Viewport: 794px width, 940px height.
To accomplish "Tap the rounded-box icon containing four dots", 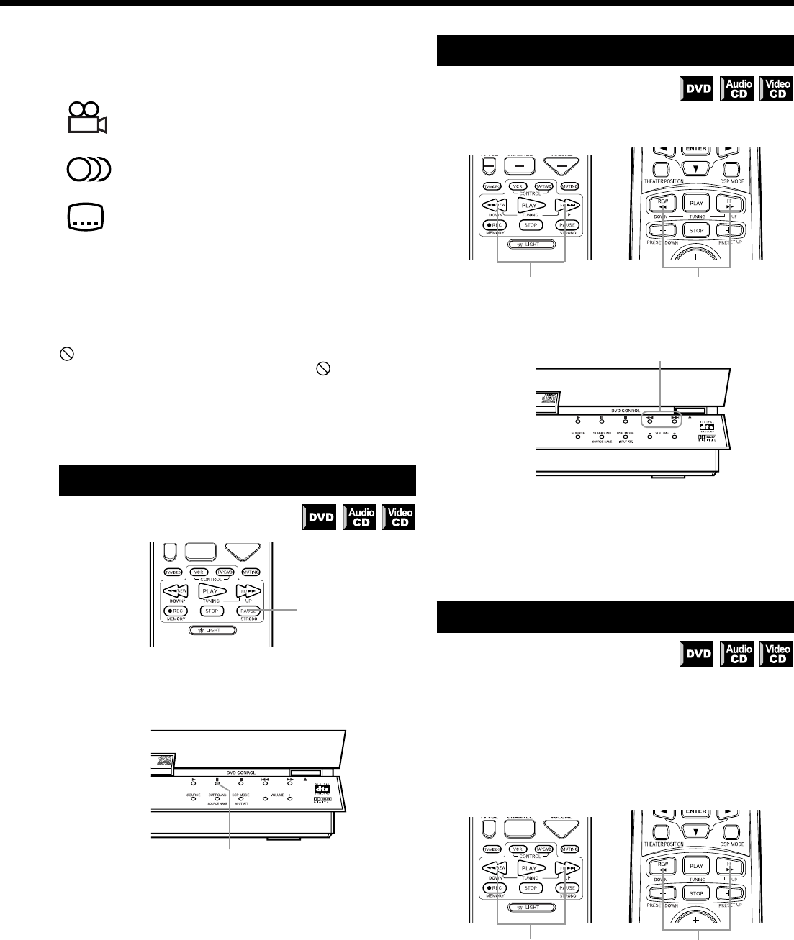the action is click(86, 216).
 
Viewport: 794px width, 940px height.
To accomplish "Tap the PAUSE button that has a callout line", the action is click(251, 611).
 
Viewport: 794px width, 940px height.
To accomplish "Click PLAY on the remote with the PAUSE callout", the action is click(209, 590).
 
